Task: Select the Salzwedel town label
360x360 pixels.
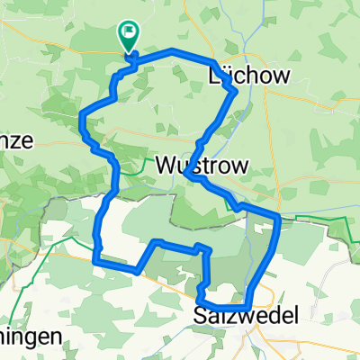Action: click(242, 316)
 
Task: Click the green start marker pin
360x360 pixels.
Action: click(129, 36)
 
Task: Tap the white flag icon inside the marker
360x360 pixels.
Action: click(129, 33)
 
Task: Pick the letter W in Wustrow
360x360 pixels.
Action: click(166, 165)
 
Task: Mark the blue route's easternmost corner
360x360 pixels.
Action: click(280, 217)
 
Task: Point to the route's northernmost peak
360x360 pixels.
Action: click(171, 50)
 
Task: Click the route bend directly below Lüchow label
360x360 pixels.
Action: click(235, 91)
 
